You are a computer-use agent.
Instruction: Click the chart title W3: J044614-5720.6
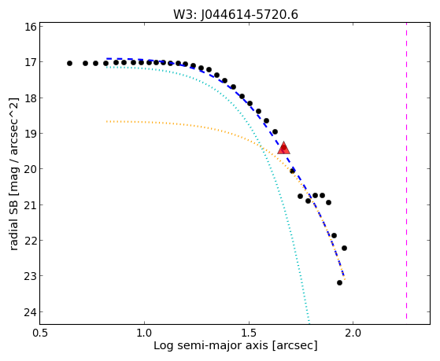click(x=235, y=14)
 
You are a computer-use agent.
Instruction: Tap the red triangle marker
click(x=283, y=149)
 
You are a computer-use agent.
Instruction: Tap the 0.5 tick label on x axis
click(x=40, y=333)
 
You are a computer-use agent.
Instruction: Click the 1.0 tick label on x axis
click(x=144, y=333)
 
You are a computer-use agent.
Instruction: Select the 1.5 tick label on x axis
click(x=249, y=333)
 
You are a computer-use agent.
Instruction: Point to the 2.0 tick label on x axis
click(x=353, y=333)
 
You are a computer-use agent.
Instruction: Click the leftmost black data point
click(x=69, y=64)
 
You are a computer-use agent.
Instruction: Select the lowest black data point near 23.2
click(x=339, y=282)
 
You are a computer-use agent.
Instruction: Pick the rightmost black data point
click(x=344, y=248)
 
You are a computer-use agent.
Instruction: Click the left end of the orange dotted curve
click(x=107, y=121)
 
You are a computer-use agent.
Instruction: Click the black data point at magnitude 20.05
click(x=292, y=171)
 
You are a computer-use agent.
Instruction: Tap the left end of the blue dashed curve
click(x=107, y=59)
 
